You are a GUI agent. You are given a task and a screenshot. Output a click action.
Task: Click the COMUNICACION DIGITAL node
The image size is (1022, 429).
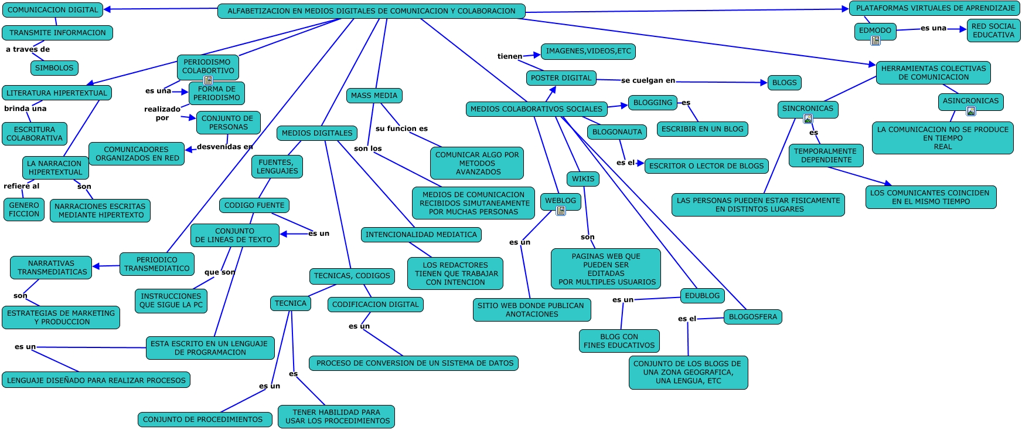pyautogui.click(x=53, y=9)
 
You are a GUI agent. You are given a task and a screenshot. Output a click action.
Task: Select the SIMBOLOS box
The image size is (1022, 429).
pyautogui.click(x=54, y=68)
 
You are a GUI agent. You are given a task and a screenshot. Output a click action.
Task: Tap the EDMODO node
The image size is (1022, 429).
pyautogui.click(x=875, y=31)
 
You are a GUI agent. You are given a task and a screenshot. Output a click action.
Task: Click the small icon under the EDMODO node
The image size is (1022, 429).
pyautogui.click(x=875, y=40)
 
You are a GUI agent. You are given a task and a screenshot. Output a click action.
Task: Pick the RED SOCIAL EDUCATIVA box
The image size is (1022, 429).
pyautogui.click(x=993, y=31)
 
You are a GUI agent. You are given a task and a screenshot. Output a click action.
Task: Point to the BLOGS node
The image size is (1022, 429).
pyautogui.click(x=784, y=83)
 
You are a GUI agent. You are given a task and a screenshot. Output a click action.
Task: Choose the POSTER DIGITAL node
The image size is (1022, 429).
pyautogui.click(x=561, y=78)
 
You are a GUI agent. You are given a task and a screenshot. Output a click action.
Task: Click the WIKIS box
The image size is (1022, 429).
pyautogui.click(x=583, y=179)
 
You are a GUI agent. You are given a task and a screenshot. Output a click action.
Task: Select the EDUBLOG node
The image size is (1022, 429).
pyautogui.click(x=702, y=296)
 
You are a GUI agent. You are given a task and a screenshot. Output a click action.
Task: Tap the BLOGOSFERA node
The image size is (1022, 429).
pyautogui.click(x=752, y=317)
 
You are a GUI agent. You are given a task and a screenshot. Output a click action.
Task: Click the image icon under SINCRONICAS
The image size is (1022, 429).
pyautogui.click(x=808, y=119)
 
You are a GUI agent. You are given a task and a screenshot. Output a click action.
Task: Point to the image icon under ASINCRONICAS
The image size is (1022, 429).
pyautogui.click(x=971, y=111)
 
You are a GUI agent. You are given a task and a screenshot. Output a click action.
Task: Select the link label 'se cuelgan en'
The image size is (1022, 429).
pyautogui.click(x=648, y=80)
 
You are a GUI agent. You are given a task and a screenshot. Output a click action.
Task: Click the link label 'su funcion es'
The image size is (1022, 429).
pyautogui.click(x=401, y=129)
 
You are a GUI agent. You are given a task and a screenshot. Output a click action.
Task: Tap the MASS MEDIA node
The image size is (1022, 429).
pyautogui.click(x=374, y=96)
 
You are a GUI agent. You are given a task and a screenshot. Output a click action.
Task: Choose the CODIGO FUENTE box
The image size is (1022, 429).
pyautogui.click(x=254, y=205)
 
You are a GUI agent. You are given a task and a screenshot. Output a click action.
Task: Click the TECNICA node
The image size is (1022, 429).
pyautogui.click(x=291, y=303)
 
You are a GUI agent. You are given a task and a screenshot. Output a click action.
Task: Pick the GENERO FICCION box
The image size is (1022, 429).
pyautogui.click(x=24, y=210)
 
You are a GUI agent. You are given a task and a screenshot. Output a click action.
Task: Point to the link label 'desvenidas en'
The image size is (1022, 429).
pyautogui.click(x=225, y=147)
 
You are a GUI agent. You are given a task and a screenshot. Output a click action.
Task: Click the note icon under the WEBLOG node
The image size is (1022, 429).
pyautogui.click(x=561, y=211)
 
